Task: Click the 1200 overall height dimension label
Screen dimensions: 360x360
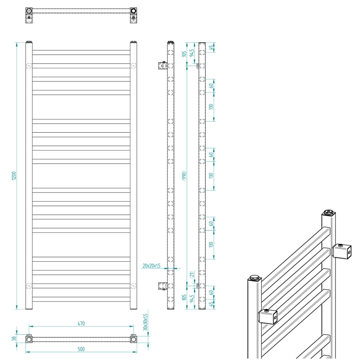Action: (x=13, y=175)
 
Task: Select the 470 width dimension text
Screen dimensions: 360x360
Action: (x=81, y=324)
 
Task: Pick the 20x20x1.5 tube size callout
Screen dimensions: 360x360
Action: (x=151, y=266)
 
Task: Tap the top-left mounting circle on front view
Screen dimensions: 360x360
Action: (x=29, y=66)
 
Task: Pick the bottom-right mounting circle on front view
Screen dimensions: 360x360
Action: (x=133, y=285)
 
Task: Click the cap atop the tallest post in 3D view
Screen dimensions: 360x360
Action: (x=328, y=213)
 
